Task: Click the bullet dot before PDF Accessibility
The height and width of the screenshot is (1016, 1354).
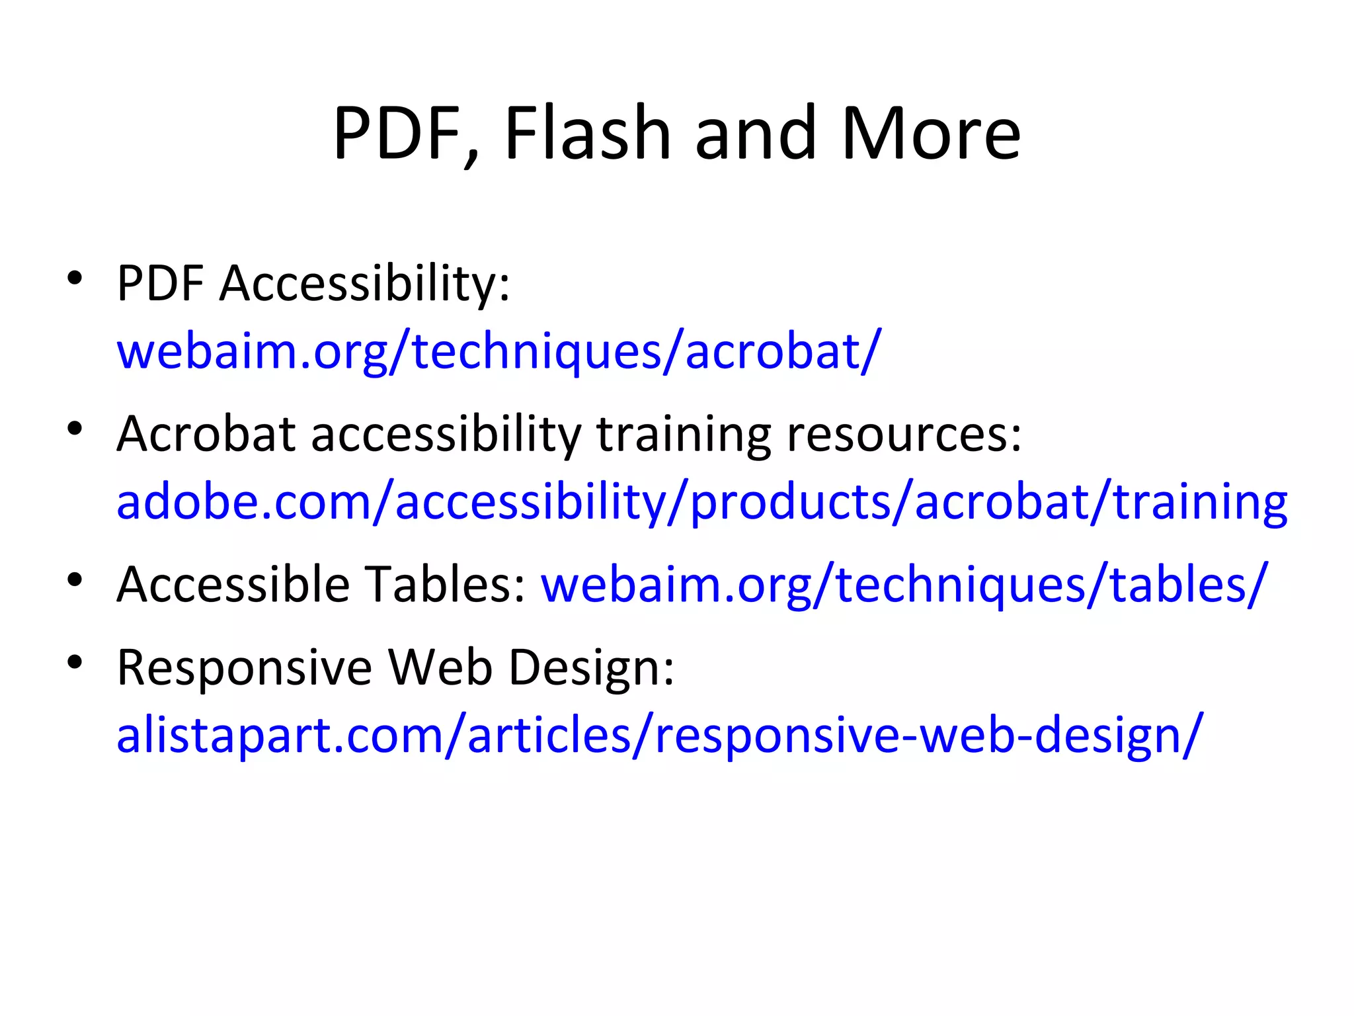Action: click(x=75, y=277)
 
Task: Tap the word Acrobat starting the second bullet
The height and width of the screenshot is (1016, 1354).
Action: click(x=206, y=435)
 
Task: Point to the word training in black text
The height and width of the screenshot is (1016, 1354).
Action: click(x=683, y=436)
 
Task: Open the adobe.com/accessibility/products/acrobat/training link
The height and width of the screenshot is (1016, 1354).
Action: click(x=701, y=502)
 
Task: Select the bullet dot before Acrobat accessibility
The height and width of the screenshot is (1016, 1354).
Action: click(x=75, y=429)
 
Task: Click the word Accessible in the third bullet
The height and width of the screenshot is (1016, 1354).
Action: click(x=233, y=585)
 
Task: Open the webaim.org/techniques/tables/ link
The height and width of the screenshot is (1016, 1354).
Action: click(x=904, y=585)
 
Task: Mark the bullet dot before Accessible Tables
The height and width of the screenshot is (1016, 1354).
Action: click(x=75, y=579)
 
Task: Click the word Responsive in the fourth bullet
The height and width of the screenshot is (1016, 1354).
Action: click(x=245, y=667)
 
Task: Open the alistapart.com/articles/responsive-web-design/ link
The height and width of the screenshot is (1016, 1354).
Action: click(x=659, y=736)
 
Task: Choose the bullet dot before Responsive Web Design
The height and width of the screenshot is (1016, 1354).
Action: click(x=75, y=661)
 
